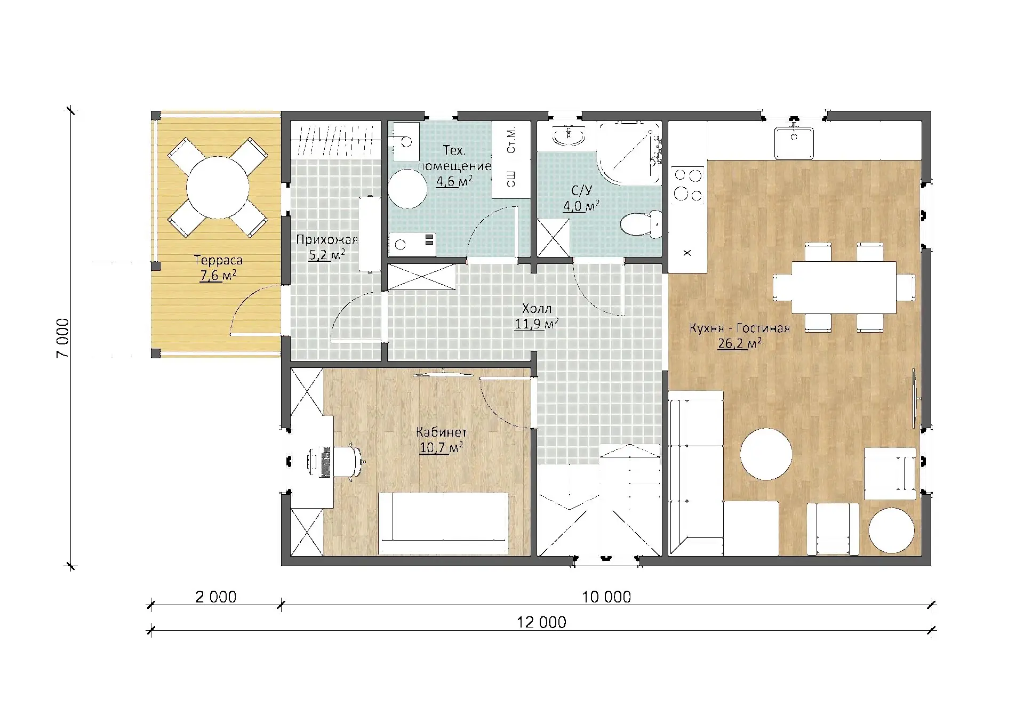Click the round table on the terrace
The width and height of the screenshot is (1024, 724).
[x=218, y=187]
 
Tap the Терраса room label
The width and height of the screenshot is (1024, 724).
[x=218, y=260]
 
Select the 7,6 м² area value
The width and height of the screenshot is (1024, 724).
[x=218, y=275]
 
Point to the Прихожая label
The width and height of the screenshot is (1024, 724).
[x=327, y=239]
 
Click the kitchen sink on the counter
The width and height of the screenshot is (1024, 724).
[x=794, y=142]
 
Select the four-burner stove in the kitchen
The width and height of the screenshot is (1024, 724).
[x=689, y=184]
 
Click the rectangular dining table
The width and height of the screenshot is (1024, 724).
[x=844, y=287]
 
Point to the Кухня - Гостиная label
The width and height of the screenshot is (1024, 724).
[x=739, y=328]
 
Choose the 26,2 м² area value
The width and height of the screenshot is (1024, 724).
[x=739, y=343]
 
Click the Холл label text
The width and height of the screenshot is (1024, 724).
[x=537, y=308]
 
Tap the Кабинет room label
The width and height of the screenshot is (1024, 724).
[x=442, y=432]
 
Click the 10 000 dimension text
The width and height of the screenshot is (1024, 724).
[x=606, y=597]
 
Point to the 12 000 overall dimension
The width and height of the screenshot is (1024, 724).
[x=541, y=622]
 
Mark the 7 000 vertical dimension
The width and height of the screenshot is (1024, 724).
[x=62, y=338]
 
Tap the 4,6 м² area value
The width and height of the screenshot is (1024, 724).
[x=454, y=181]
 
